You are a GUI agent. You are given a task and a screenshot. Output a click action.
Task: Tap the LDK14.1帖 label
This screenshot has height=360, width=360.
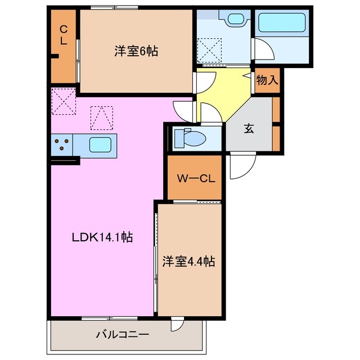point(102,237)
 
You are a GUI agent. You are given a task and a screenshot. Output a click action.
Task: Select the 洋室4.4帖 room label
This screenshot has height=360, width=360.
point(188,261)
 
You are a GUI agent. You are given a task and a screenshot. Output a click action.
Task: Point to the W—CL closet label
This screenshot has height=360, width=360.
point(194,179)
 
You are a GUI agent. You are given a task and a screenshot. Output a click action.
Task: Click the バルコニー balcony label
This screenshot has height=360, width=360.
point(122,334)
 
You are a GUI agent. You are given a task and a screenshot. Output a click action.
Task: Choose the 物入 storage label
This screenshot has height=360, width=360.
point(267,80)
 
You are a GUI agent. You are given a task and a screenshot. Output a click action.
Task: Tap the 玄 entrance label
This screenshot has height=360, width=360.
point(248,128)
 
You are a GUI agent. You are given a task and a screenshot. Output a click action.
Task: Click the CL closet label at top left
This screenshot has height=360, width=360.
point(64,35)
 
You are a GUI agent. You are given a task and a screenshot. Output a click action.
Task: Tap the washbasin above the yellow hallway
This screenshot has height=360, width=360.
point(235,19)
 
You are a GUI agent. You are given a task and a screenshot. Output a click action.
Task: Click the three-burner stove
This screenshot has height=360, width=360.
point(61,145)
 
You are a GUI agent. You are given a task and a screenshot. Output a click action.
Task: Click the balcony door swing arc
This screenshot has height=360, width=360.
point(178,325)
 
